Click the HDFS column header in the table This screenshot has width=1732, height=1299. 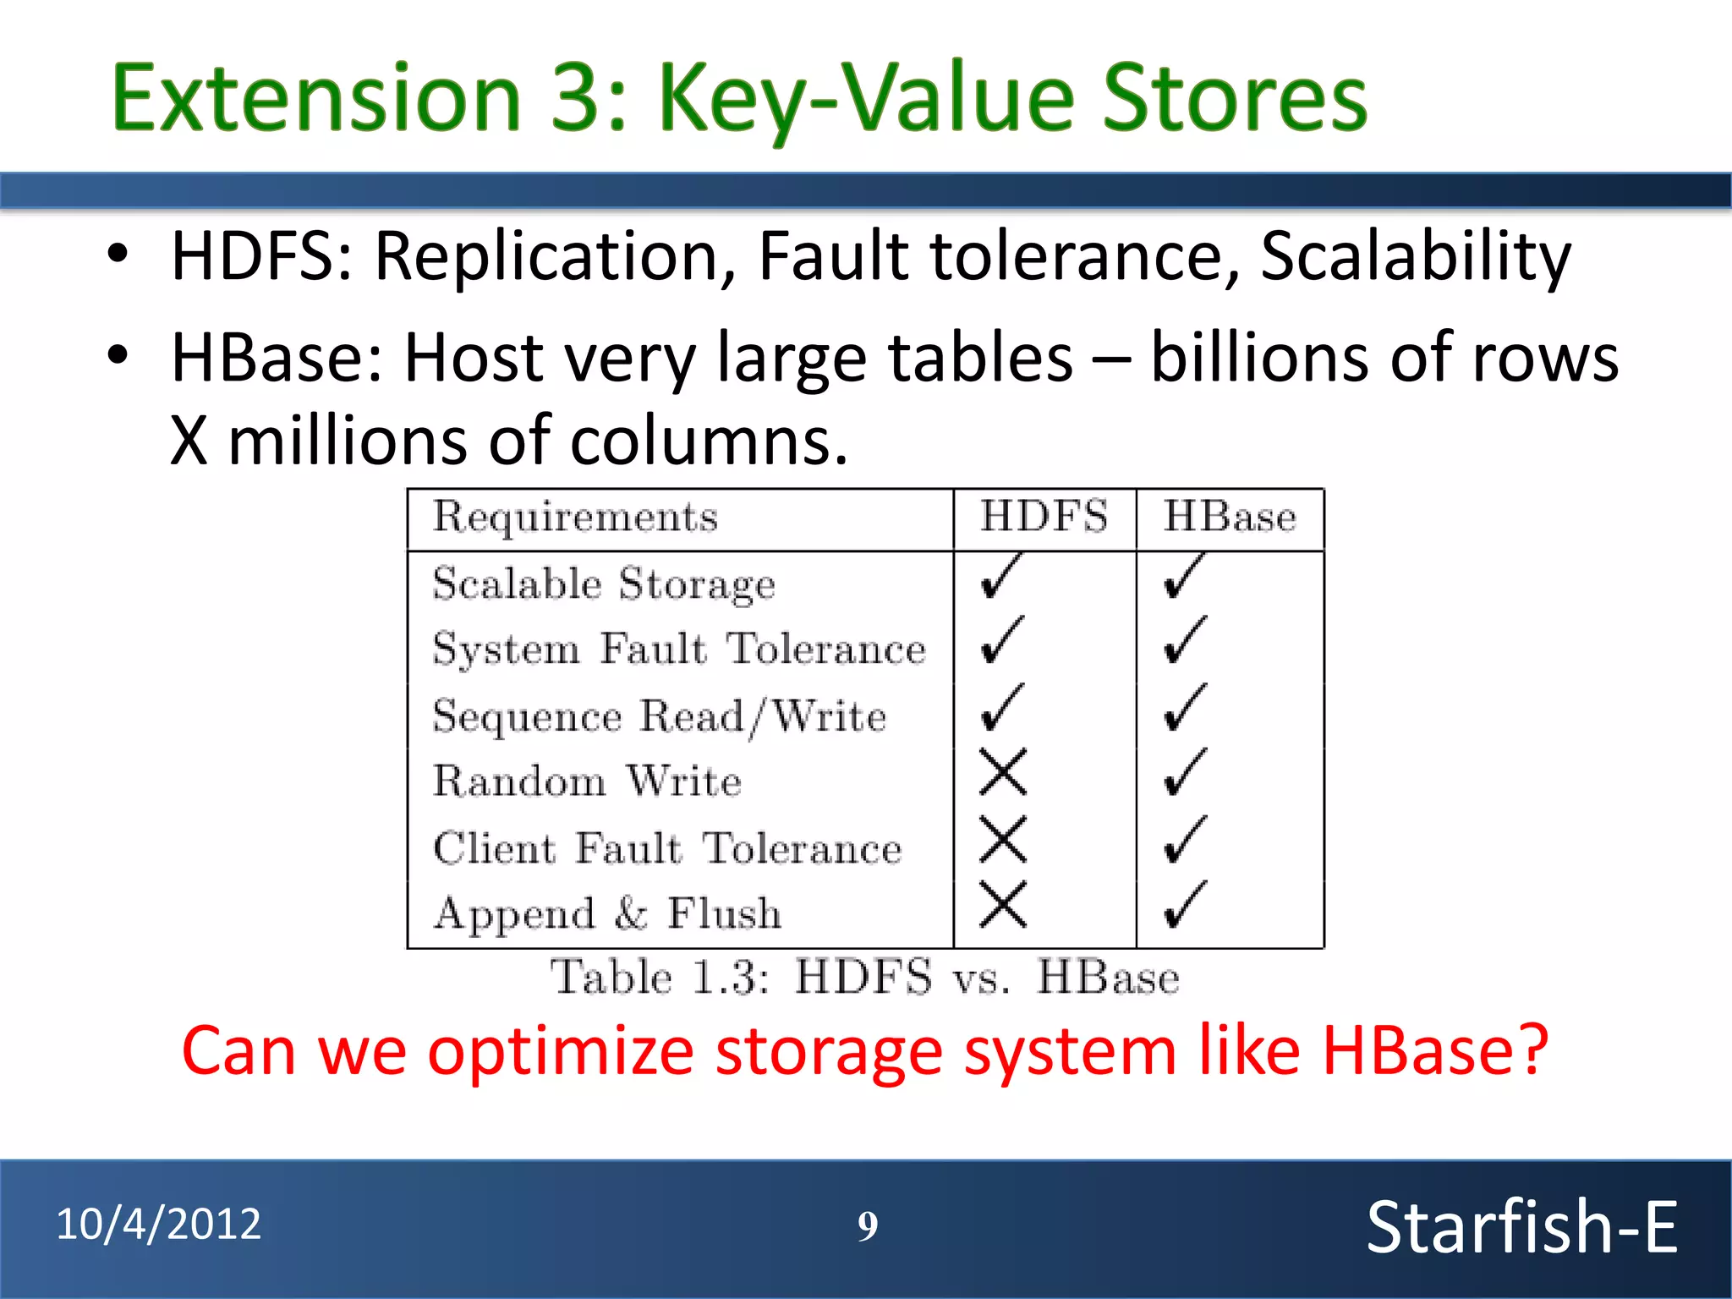(1044, 517)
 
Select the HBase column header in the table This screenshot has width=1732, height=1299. (1229, 517)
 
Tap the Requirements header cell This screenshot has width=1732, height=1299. (575, 517)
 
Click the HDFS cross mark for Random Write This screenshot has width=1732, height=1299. (1003, 771)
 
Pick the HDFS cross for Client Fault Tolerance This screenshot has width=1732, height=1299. (1003, 839)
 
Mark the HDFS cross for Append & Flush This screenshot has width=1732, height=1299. (1003, 904)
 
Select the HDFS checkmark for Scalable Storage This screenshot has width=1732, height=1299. (1002, 577)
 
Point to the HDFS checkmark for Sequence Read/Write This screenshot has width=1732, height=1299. (1002, 708)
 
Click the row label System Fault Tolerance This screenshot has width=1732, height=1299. (679, 649)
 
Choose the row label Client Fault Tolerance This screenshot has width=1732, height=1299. (667, 848)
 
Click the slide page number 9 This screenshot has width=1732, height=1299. (868, 1226)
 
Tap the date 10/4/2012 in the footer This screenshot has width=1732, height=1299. (159, 1224)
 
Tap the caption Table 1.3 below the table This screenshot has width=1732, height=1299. (660, 978)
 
